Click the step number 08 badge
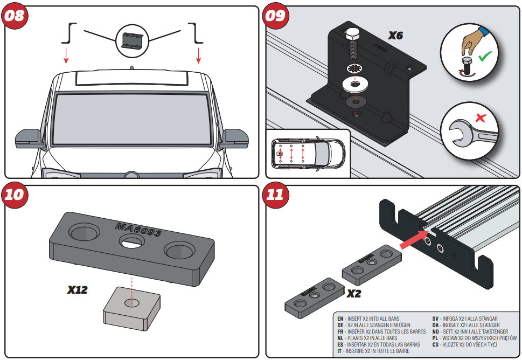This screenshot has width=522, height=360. pyautogui.click(x=15, y=15)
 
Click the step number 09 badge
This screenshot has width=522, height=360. pyautogui.click(x=276, y=15)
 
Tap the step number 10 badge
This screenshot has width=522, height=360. pyautogui.click(x=15, y=195)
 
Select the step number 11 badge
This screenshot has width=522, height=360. pyautogui.click(x=276, y=195)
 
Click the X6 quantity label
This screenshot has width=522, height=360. pyautogui.click(x=396, y=36)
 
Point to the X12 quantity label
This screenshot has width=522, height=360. pyautogui.click(x=78, y=290)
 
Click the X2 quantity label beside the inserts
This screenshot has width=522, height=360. pyautogui.click(x=353, y=294)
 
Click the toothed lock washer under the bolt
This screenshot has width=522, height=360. pyautogui.click(x=354, y=69)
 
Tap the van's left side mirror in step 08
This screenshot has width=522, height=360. pyautogui.click(x=29, y=138)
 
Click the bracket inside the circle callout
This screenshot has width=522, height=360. pyautogui.click(x=133, y=40)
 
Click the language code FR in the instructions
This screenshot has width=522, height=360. pyautogui.click(x=340, y=331)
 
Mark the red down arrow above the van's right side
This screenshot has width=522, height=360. pyautogui.click(x=199, y=54)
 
